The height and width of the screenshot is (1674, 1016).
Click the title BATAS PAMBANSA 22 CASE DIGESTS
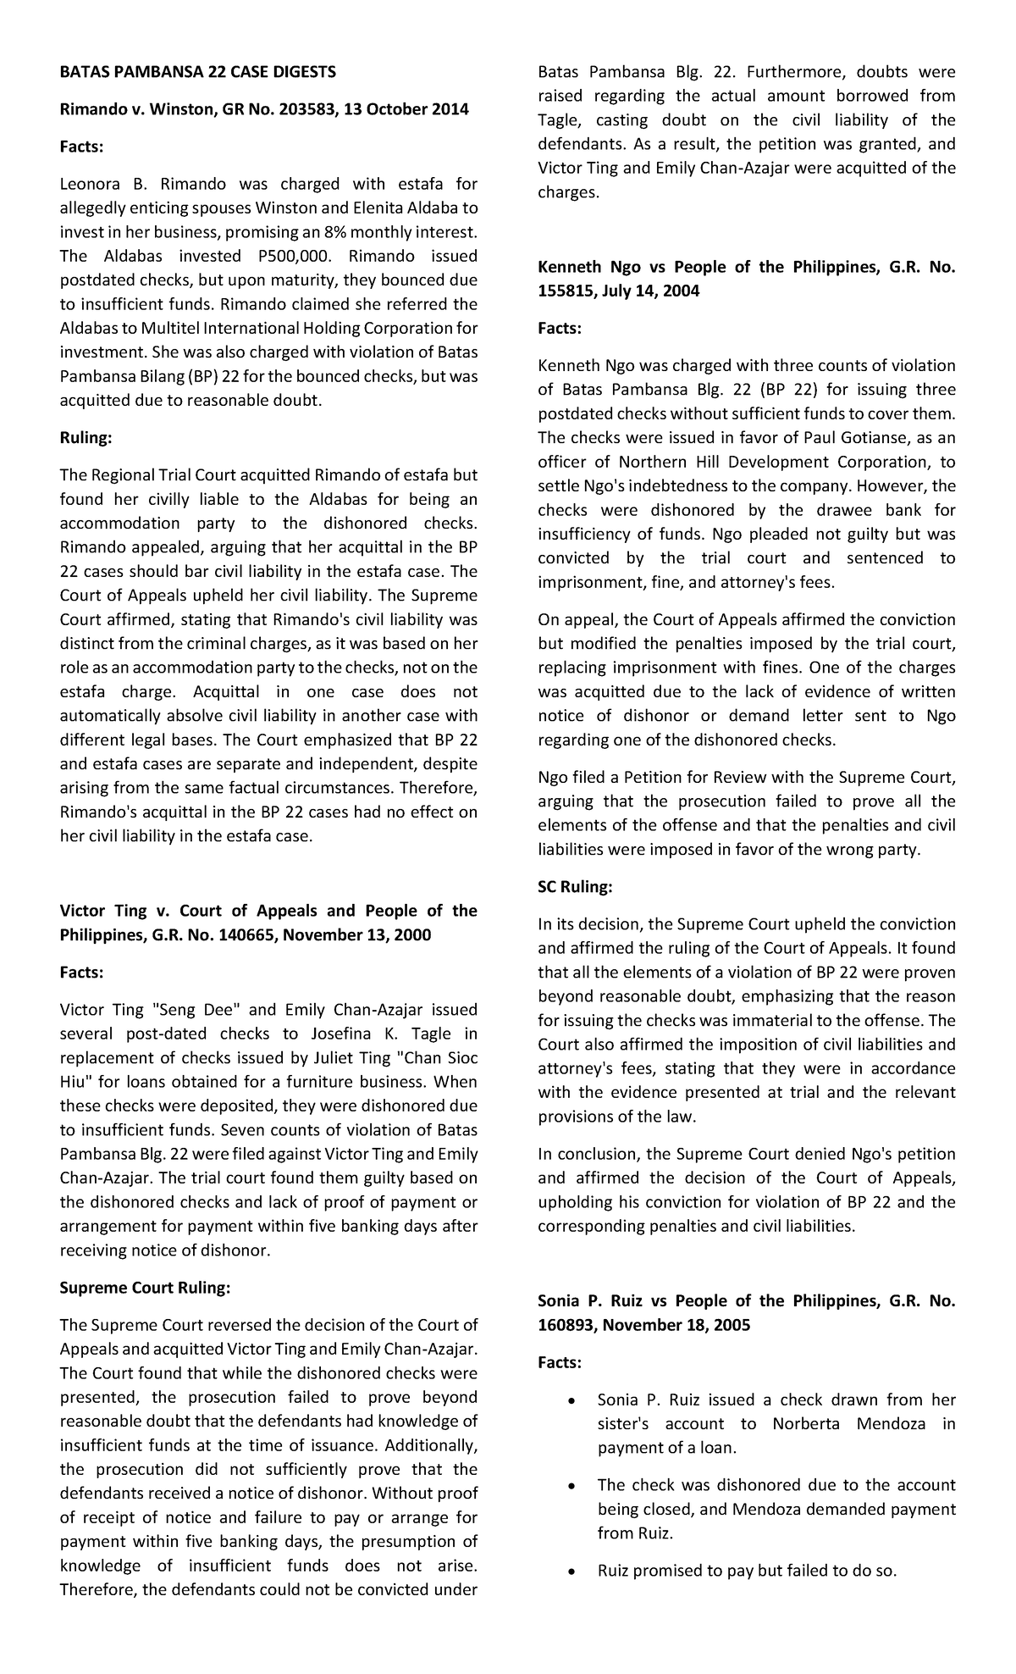point(197,72)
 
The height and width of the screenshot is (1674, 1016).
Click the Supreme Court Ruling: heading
point(145,1288)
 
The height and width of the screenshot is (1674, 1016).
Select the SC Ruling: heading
point(575,887)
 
